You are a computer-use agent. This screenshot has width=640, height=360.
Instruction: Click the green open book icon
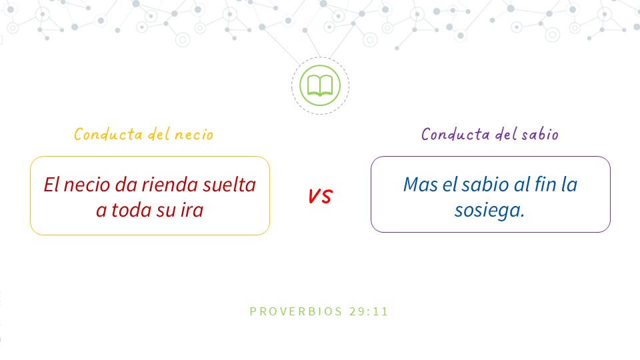point(320,86)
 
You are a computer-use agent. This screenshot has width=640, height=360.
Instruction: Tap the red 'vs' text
point(321,195)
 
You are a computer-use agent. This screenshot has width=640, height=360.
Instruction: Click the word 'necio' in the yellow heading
point(194,135)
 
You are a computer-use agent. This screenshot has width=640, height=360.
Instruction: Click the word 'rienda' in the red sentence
point(170,185)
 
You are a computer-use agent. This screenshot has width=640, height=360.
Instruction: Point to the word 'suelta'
point(229,185)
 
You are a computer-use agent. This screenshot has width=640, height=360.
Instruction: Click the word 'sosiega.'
point(489,211)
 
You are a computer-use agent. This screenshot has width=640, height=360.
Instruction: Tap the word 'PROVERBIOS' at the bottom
point(296,311)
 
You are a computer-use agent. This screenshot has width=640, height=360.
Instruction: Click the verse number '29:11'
point(369,311)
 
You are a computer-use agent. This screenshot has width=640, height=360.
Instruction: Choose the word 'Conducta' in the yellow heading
point(108,134)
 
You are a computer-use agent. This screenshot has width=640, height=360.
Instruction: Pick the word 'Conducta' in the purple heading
point(455,134)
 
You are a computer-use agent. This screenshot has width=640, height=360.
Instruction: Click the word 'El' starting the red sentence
point(51,185)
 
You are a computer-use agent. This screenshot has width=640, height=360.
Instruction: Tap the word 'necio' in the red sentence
point(87,185)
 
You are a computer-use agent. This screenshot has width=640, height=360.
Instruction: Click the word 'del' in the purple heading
point(506,133)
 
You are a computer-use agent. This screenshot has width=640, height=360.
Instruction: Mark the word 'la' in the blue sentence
point(569,184)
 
